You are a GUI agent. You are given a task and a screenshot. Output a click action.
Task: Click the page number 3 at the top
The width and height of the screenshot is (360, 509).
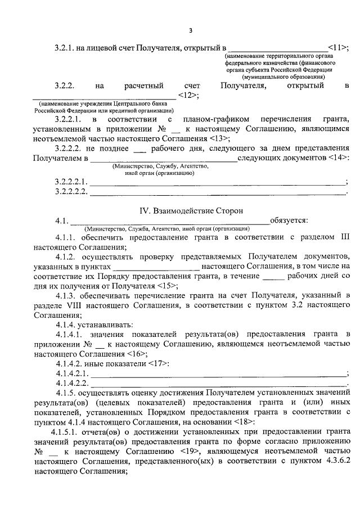191,30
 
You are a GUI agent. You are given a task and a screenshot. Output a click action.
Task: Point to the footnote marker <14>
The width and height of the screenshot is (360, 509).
337,159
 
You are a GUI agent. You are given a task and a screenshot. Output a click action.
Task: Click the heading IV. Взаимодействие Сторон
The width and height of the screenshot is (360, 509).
191,210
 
